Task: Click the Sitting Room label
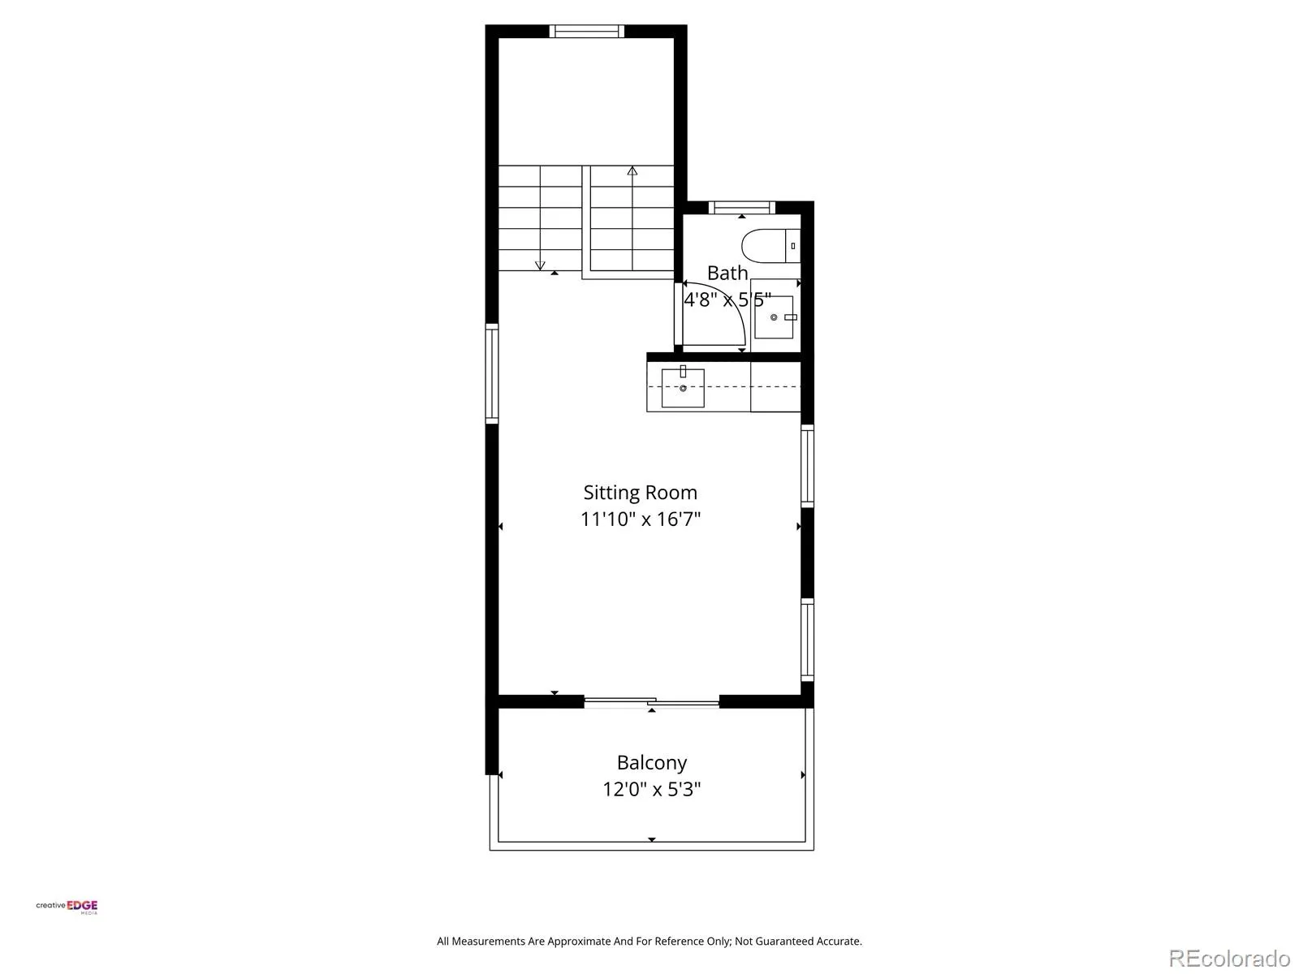click(x=640, y=493)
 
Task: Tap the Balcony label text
click(x=652, y=763)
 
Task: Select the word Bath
click(x=727, y=274)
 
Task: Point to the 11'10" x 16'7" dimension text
click(x=641, y=519)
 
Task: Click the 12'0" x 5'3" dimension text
click(x=652, y=790)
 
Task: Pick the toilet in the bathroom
click(x=770, y=245)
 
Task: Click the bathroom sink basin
click(x=774, y=317)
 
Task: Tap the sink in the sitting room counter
click(x=683, y=388)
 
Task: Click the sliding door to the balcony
click(x=652, y=702)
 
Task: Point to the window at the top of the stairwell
click(x=586, y=32)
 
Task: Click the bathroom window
click(x=742, y=208)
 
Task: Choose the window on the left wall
click(x=492, y=373)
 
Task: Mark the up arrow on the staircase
click(x=632, y=171)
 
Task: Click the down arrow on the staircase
click(x=540, y=265)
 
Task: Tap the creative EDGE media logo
click(x=67, y=907)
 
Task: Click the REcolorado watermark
click(x=1229, y=958)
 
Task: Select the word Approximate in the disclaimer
click(x=579, y=942)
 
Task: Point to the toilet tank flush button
click(x=793, y=245)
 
